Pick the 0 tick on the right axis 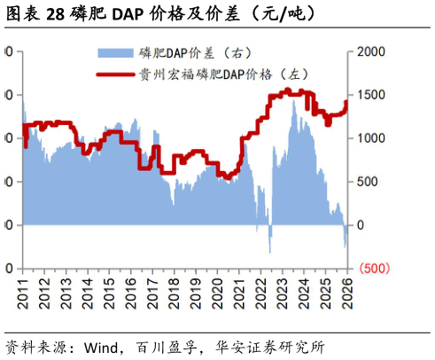pyautogui.click(x=360, y=225)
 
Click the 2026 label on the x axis pyautogui.click(x=347, y=292)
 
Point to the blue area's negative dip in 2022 pyautogui.click(x=269, y=250)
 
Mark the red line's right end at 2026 pyautogui.click(x=347, y=102)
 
